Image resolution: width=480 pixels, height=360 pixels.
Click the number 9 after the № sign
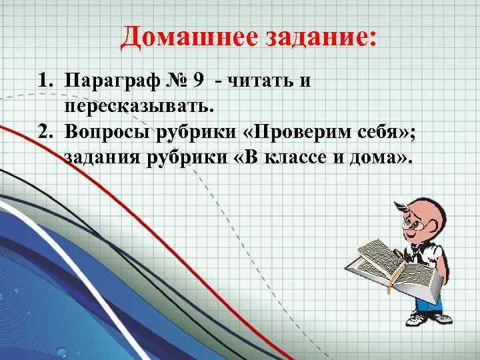[198, 81]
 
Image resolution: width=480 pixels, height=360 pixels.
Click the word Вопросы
[104, 133]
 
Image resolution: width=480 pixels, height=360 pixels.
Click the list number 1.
[43, 82]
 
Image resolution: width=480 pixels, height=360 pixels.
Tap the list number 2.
[43, 133]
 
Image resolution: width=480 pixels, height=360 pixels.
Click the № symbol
[173, 81]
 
